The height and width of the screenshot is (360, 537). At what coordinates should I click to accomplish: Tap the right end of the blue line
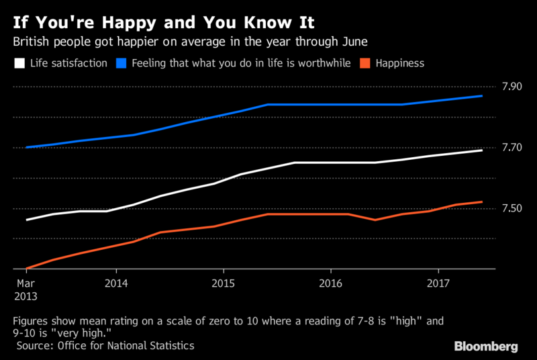(482, 96)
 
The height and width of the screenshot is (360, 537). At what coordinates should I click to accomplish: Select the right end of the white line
(482, 150)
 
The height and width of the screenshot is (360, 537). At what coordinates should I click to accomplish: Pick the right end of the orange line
(482, 201)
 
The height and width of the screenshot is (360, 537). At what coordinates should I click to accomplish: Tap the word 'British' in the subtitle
(32, 42)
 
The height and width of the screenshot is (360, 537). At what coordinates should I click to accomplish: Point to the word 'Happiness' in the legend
(401, 64)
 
